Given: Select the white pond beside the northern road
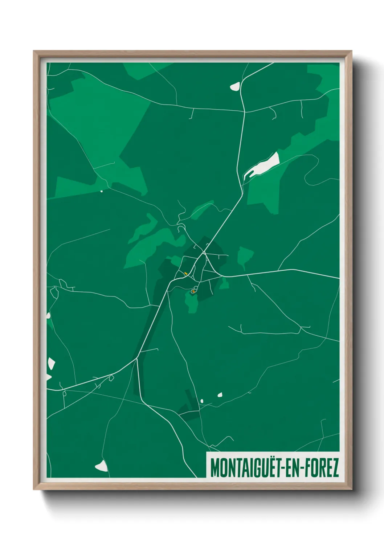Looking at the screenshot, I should [x=235, y=86].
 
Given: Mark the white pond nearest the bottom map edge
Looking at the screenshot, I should [x=102, y=466].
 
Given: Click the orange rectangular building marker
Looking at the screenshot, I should [x=185, y=274].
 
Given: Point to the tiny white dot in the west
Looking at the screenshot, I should [x=102, y=191].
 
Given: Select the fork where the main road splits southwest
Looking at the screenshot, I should [x=136, y=358].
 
